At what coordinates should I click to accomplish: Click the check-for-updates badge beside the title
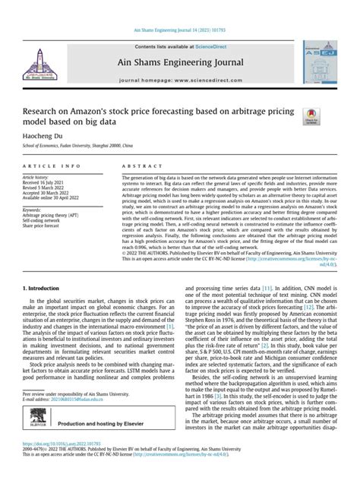click(x=311, y=115)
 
